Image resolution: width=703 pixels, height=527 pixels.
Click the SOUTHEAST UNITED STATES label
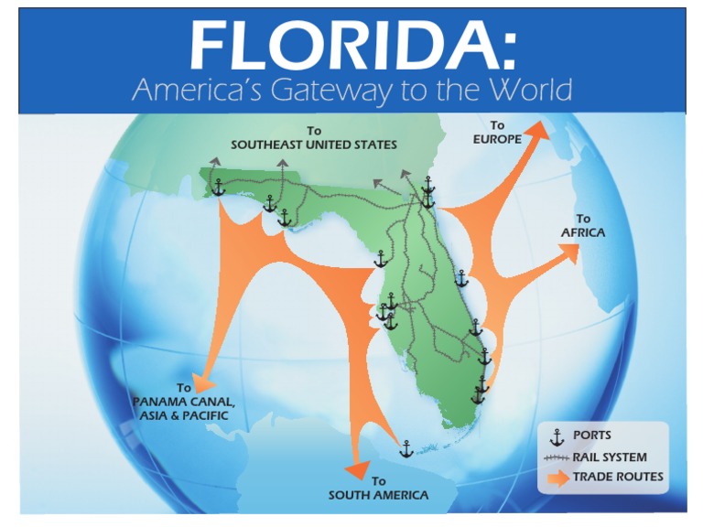click(x=313, y=145)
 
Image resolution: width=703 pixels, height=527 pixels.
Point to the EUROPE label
click(x=497, y=139)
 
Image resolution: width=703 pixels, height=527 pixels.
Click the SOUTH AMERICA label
click(x=378, y=495)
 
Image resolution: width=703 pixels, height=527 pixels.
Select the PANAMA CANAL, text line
click(x=184, y=402)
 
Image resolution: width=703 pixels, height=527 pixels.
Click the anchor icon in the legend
click(x=554, y=436)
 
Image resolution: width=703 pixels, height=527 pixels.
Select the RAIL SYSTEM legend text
click(x=610, y=457)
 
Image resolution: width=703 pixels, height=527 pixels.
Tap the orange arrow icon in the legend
click(x=555, y=478)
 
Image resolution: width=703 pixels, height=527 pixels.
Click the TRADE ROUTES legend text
click(x=618, y=477)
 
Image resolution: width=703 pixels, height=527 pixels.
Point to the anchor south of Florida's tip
click(x=406, y=448)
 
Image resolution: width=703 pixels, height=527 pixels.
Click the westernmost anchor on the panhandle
click(x=218, y=187)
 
